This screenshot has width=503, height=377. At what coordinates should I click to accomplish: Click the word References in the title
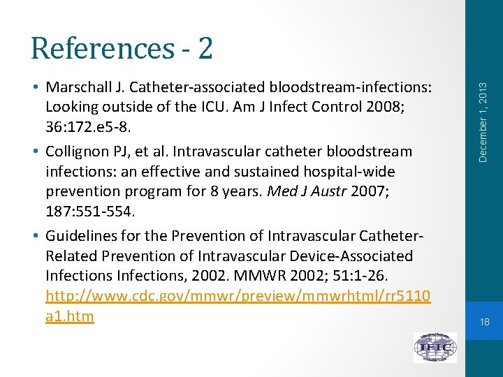[x=101, y=48]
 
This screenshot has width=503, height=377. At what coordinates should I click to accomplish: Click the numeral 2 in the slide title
[x=205, y=48]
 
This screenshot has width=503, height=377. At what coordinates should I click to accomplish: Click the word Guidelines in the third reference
[x=79, y=235]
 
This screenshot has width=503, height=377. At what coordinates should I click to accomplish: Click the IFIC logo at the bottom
[x=435, y=347]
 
